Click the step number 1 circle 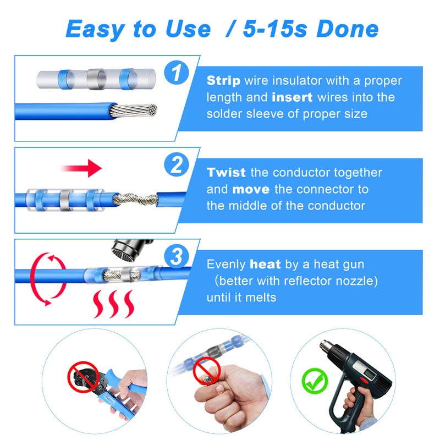(x=176, y=73)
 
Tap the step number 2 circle (x=176, y=165)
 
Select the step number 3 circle (x=176, y=256)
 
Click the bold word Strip (x=223, y=81)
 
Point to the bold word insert (x=292, y=97)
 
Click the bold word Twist (x=227, y=173)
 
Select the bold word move (x=250, y=189)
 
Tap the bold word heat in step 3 (x=265, y=265)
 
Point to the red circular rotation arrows (x=42, y=279)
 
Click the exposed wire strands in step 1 (x=135, y=111)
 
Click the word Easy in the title (x=96, y=29)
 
